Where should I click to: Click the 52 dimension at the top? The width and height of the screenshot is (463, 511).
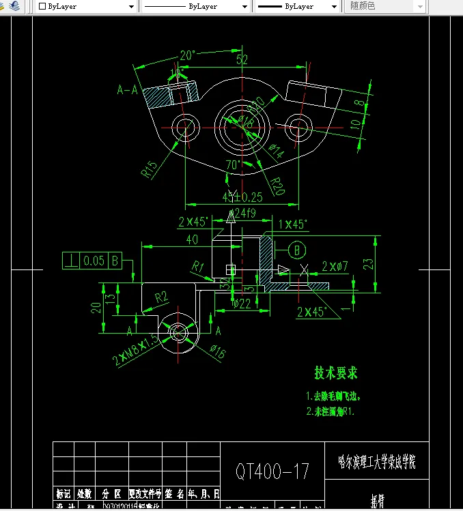pos(242,60)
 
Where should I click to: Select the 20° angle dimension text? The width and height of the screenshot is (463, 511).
pos(188,55)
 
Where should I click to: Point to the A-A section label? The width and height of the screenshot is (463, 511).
pos(127,89)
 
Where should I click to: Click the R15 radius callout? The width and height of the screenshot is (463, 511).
pos(150,169)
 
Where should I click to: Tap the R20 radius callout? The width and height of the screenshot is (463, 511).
pos(277,185)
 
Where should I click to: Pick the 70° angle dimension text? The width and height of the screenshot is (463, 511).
pos(233,165)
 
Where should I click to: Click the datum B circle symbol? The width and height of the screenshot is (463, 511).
pos(297,250)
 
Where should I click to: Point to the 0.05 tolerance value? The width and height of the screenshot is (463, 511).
pos(94,261)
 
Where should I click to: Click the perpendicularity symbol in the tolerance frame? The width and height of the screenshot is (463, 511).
pos(70,261)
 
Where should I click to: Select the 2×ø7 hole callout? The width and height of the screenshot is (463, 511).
pos(335,265)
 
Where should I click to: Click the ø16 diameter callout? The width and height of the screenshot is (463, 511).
pos(218,351)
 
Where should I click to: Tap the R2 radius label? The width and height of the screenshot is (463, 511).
pos(162,297)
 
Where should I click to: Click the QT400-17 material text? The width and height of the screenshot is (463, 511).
pos(272,471)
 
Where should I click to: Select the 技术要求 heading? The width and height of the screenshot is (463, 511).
pos(335,373)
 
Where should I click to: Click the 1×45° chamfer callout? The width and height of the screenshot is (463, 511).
pos(293,224)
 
